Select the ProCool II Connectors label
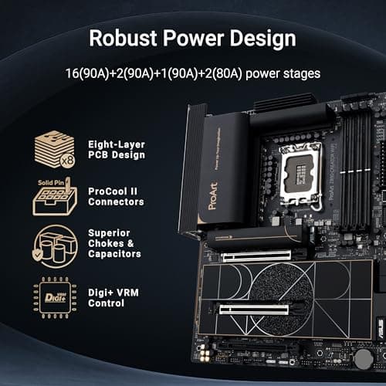click(116, 195)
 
